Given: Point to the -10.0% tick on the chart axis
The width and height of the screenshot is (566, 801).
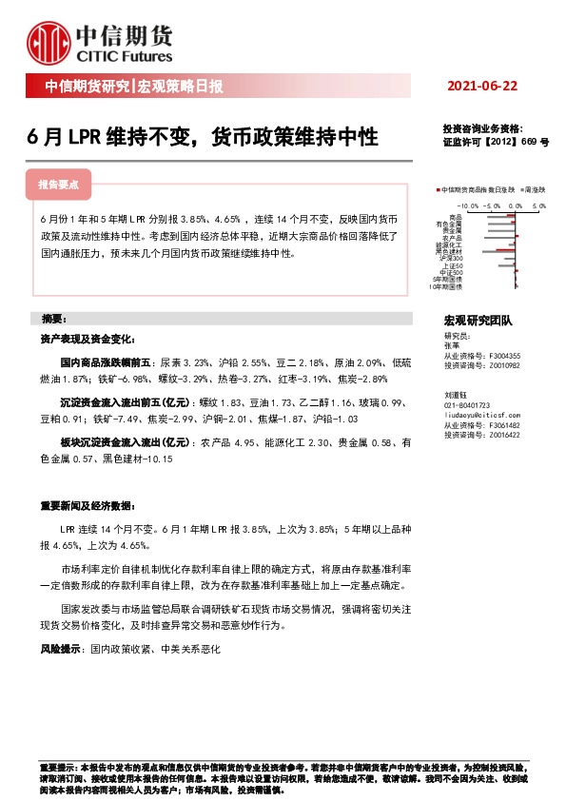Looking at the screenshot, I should tap(466, 205).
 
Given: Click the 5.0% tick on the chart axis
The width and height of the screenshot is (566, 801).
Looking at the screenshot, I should tap(538, 205).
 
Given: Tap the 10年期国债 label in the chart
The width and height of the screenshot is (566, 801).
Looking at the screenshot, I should tap(445, 285).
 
